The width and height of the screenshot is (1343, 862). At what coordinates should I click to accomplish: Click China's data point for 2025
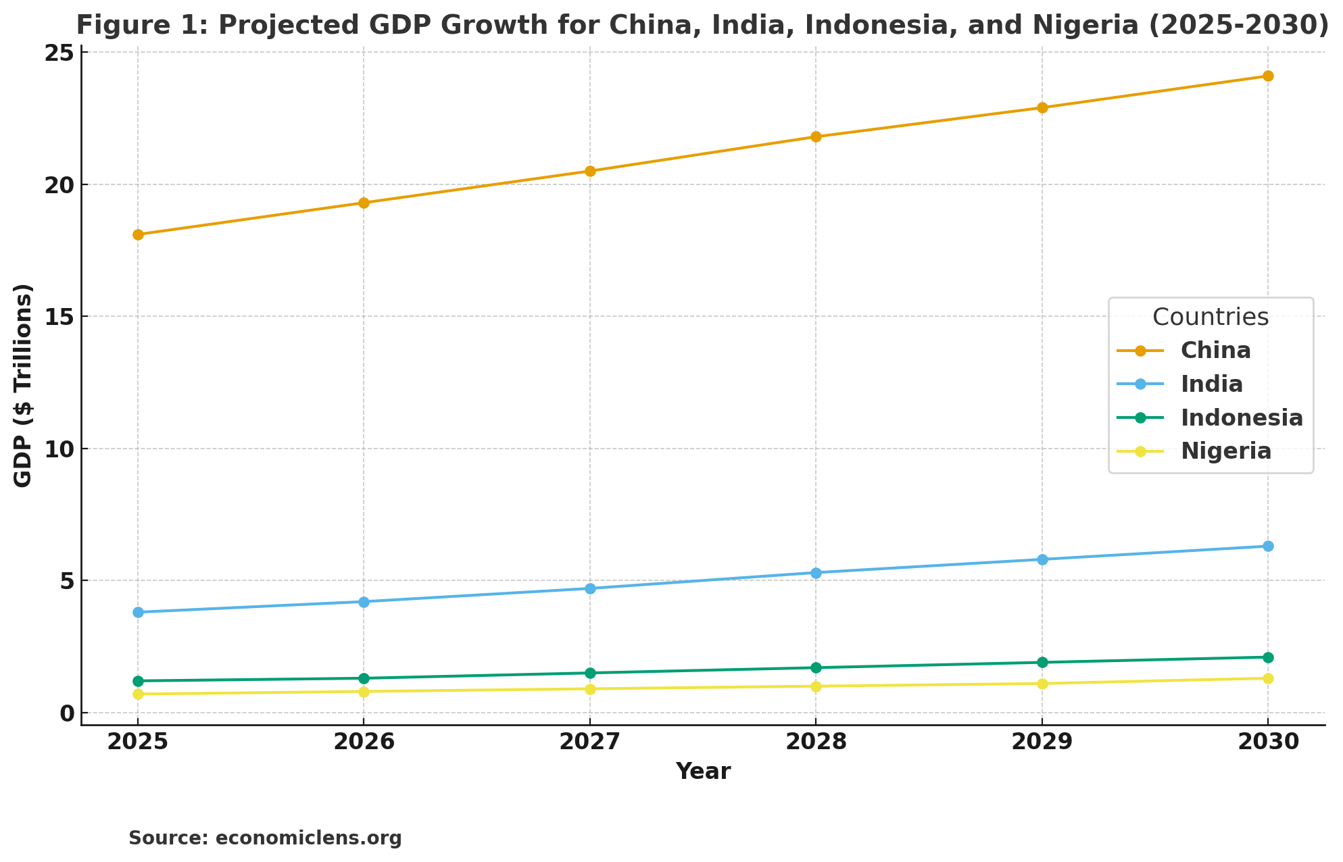click(138, 235)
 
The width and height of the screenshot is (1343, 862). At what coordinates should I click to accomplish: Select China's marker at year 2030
click(1268, 76)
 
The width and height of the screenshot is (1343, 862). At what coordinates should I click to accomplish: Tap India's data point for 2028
click(816, 573)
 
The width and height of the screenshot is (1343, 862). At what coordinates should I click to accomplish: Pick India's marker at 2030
click(1268, 547)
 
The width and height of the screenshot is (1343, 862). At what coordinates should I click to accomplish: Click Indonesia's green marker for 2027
click(590, 673)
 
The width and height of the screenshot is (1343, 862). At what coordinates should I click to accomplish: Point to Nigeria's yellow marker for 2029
click(1042, 684)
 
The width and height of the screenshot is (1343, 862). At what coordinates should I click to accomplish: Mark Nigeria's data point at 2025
click(138, 694)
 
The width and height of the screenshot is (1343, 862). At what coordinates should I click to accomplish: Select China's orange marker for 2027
click(590, 172)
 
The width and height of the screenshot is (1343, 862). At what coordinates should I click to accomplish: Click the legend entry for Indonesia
click(1242, 418)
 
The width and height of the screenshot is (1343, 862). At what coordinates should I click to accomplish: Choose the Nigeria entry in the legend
click(1225, 451)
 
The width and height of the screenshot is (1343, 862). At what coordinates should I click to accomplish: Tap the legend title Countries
click(1210, 318)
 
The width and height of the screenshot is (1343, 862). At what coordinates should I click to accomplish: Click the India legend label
click(1211, 384)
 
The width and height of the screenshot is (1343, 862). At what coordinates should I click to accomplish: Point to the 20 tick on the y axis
click(59, 185)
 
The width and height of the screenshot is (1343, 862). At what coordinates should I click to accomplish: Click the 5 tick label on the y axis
click(66, 581)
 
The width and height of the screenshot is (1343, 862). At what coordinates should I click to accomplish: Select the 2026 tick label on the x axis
click(364, 742)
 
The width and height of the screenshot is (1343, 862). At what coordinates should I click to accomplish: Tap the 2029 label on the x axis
click(1042, 742)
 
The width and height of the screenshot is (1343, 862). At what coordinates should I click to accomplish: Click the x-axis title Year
click(703, 771)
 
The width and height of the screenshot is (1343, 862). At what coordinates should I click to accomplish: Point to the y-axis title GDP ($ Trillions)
click(23, 385)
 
